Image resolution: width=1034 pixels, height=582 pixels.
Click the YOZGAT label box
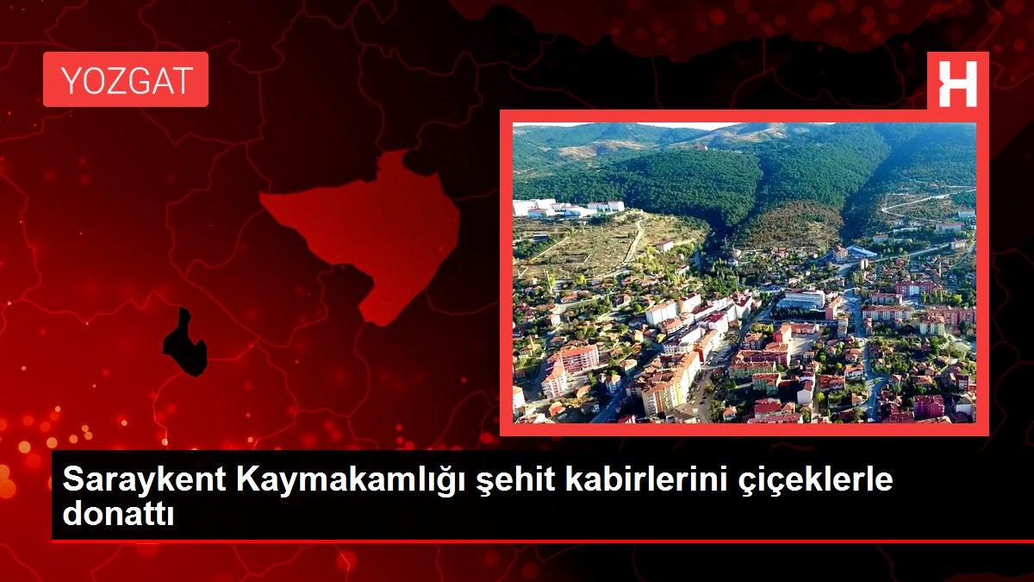126,79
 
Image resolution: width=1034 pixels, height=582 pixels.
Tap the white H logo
957,82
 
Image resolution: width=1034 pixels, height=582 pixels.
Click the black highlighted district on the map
185,342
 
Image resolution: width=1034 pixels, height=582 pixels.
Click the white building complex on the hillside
565,208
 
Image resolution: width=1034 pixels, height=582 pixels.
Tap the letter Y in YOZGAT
69,80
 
